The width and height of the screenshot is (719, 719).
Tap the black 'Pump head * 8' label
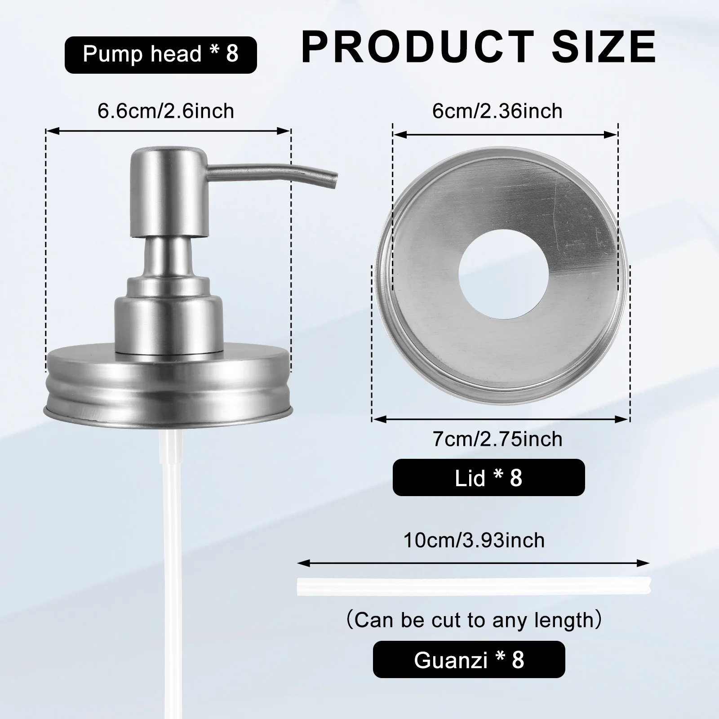pyautogui.click(x=160, y=54)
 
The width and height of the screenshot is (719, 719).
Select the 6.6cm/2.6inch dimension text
pyautogui.click(x=166, y=111)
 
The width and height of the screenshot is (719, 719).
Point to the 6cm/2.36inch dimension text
pyautogui.click(x=497, y=111)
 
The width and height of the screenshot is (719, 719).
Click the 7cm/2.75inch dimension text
pyautogui.click(x=497, y=439)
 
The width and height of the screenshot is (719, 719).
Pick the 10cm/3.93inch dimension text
pyautogui.click(x=474, y=540)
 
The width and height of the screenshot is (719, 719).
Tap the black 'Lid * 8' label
pyautogui.click(x=488, y=477)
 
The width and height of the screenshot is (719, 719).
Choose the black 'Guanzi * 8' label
pyautogui.click(x=469, y=659)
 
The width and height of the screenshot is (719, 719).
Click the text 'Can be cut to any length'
pyautogui.click(x=474, y=620)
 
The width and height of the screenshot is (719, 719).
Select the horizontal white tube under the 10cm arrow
pyautogui.click(x=474, y=586)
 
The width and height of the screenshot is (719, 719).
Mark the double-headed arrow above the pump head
pyautogui.click(x=168, y=131)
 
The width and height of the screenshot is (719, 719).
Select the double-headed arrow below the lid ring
pyautogui.click(x=501, y=419)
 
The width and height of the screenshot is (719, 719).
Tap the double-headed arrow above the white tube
pyautogui.click(x=474, y=562)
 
